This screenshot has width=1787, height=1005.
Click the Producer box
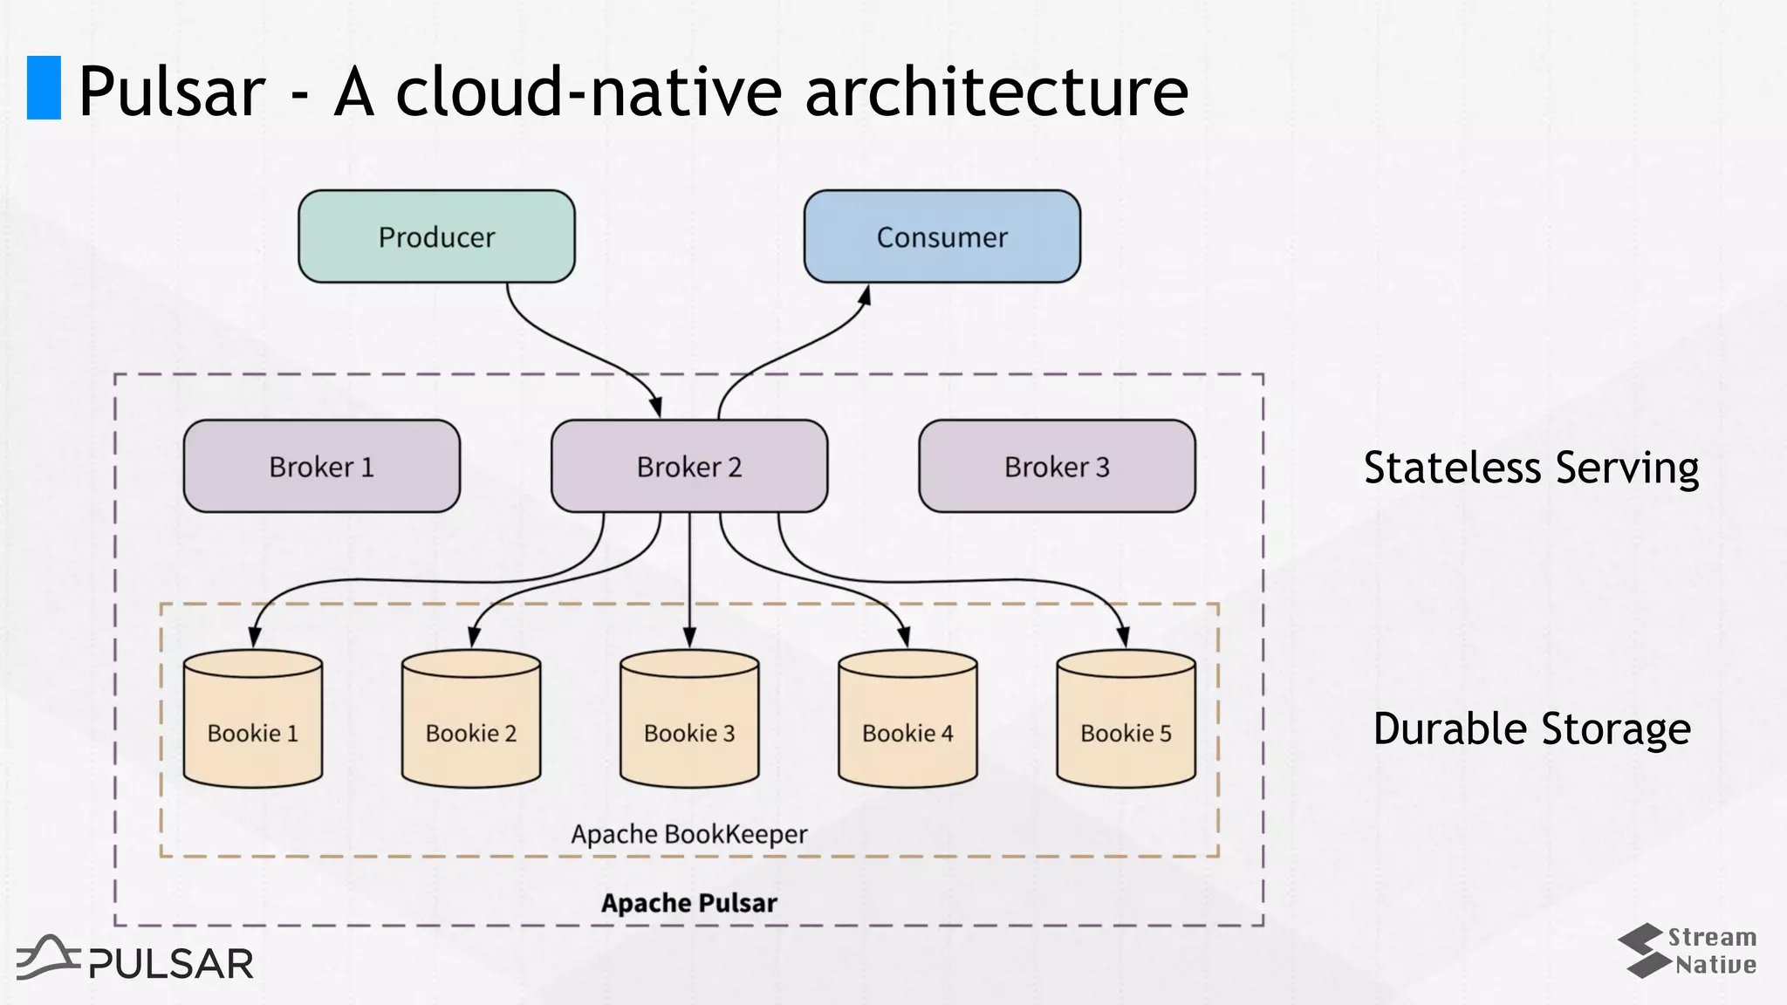click(x=436, y=236)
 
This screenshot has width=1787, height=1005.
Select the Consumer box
click(x=941, y=236)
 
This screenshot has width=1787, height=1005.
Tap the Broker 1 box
click(x=321, y=467)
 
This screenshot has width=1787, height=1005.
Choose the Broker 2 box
click(x=688, y=467)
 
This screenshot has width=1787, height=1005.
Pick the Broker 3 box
click(x=1057, y=467)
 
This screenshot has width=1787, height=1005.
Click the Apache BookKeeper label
click(x=689, y=834)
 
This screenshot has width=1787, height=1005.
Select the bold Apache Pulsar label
click(x=689, y=903)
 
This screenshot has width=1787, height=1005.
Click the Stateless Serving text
click(x=1531, y=468)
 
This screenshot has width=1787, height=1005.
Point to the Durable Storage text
click(x=1531, y=729)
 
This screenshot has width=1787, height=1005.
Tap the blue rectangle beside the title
click(x=44, y=87)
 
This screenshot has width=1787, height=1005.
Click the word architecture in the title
click(x=996, y=92)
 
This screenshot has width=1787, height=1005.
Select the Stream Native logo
click(x=1686, y=951)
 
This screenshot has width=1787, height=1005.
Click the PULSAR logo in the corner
click(x=135, y=960)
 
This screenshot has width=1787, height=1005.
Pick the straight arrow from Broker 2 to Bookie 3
click(x=689, y=576)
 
